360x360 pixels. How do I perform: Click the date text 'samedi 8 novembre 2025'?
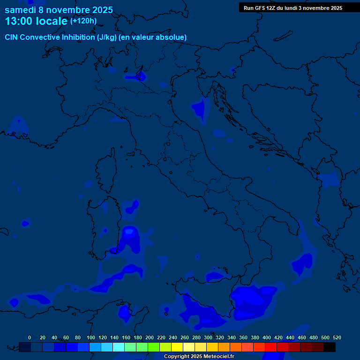click(59, 9)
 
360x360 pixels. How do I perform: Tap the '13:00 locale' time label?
click(36, 21)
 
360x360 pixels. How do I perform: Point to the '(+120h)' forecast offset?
click(83, 21)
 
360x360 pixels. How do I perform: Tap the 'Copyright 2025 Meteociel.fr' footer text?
click(199, 356)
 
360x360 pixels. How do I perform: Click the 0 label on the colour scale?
click(30, 337)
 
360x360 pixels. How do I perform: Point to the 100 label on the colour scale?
click(91, 337)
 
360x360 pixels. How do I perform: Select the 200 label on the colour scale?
click(150, 337)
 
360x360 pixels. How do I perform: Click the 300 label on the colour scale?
click(208, 337)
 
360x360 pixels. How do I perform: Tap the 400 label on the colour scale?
click(267, 337)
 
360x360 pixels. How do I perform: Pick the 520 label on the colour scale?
click(337, 337)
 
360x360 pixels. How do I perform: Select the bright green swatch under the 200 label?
click(154, 347)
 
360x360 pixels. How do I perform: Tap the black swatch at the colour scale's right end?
click(330, 347)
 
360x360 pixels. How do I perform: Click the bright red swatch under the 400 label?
click(271, 347)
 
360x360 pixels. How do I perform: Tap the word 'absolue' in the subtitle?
click(173, 37)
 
